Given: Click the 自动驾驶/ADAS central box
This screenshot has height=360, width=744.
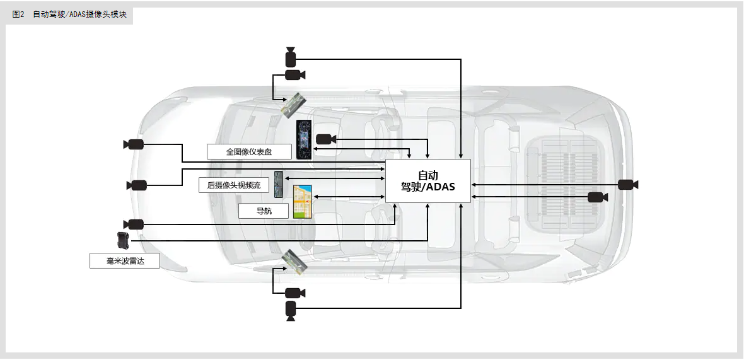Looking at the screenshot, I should (427, 181).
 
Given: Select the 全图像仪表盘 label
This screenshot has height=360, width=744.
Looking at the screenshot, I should (249, 152).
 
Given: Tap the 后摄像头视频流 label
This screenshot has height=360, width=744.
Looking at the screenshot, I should (233, 185).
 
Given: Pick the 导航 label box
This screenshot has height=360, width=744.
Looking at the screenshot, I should (264, 211).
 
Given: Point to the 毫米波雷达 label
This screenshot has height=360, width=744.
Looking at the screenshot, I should (125, 260).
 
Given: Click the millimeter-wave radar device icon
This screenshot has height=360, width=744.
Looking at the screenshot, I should (122, 240).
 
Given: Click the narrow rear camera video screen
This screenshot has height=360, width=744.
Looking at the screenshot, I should (279, 184).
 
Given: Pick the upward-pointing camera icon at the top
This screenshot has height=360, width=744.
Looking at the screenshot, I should (290, 57).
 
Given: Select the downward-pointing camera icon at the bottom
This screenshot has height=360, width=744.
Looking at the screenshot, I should (290, 309).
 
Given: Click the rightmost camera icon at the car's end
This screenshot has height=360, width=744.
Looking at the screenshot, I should (627, 184).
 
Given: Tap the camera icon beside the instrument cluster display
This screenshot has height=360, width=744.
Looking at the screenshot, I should (325, 139).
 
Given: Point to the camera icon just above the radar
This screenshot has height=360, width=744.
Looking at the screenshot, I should (134, 224).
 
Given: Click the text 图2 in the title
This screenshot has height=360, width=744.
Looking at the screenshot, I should (18, 15).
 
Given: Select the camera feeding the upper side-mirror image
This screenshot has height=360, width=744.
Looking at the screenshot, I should (294, 75).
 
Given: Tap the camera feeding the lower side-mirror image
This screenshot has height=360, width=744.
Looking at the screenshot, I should (294, 293).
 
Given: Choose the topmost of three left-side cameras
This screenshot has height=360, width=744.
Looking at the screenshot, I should (134, 144).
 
